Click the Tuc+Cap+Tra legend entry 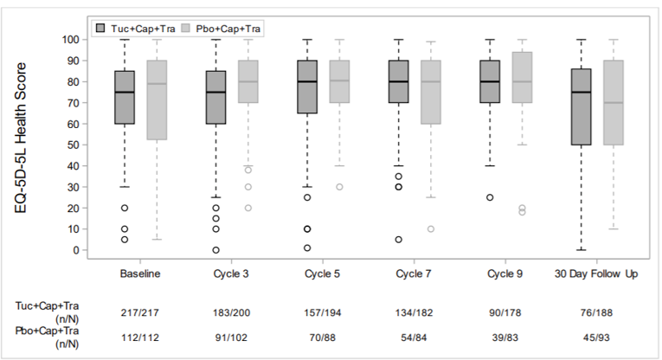(x=138, y=28)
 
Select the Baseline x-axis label (x=141, y=274)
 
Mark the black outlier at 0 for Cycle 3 (x=215, y=250)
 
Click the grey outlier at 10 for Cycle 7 (x=430, y=229)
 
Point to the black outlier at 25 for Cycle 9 (x=490, y=197)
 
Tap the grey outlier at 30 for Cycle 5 (x=339, y=187)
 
